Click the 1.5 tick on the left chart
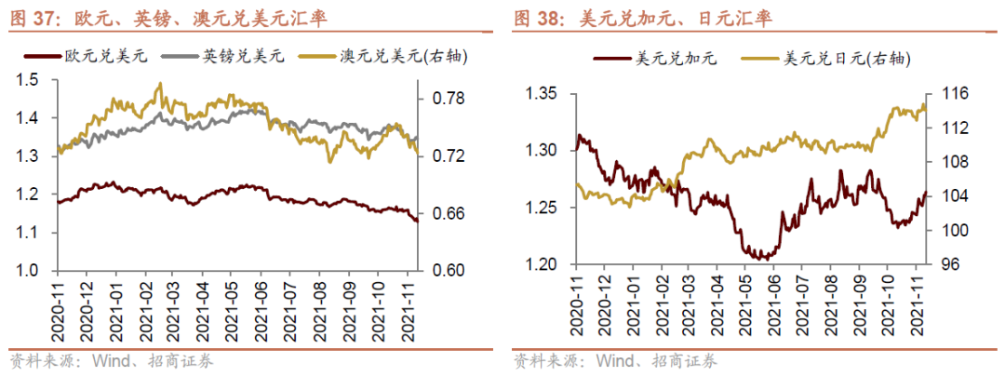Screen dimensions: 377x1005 pyautogui.click(x=29, y=80)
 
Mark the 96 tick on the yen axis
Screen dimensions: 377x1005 pyautogui.click(x=946, y=264)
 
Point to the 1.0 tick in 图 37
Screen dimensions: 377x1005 pyautogui.click(x=29, y=271)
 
